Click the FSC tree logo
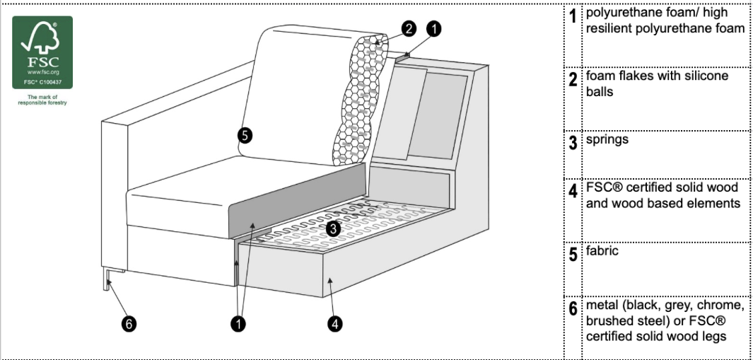tap(42, 52)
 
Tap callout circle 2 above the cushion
tap(409, 29)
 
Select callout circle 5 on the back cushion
tap(245, 136)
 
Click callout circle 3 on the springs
tap(333, 228)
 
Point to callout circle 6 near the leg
tap(128, 324)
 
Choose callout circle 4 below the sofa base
tap(335, 324)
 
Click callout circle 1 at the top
tap(433, 29)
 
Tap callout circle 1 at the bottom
tap(238, 324)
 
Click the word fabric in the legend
tap(602, 251)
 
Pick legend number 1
tap(573, 16)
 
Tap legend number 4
tap(573, 191)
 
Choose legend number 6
tap(573, 308)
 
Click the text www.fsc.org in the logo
tap(42, 72)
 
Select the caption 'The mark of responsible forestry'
tap(42, 100)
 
